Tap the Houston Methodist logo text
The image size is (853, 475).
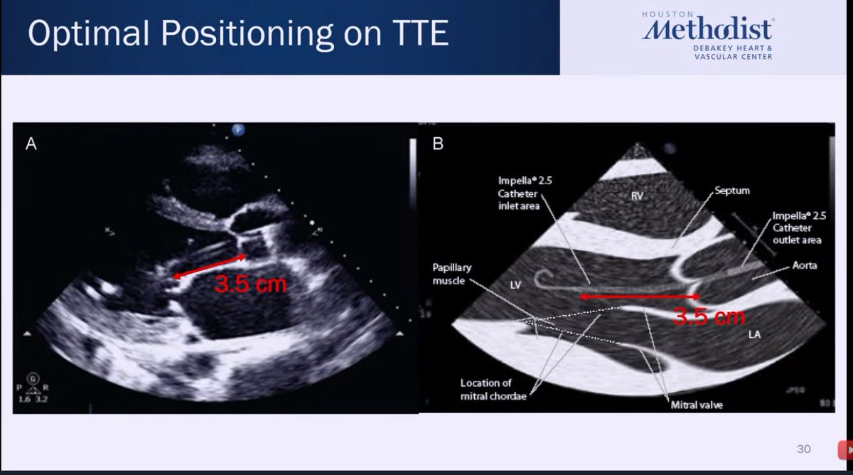point(707,31)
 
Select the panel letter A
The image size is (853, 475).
point(31,144)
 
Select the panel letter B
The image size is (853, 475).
point(438,144)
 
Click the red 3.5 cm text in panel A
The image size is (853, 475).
point(251,284)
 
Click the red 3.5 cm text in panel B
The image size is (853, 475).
point(709,317)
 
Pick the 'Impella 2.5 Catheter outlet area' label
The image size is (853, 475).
point(798,228)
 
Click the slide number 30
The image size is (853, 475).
point(803,449)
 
